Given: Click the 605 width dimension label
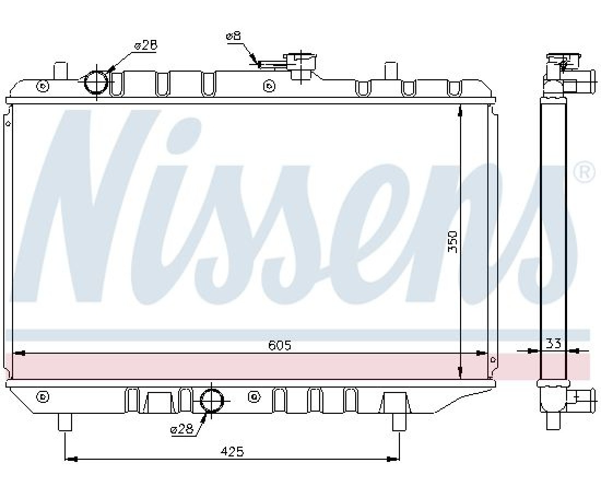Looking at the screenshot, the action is pos(279,345).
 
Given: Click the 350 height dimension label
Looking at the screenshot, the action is pos(453,241).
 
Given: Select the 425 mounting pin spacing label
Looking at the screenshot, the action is pos(232,452).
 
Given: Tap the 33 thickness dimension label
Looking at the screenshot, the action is pos(553,343).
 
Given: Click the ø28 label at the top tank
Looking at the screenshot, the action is pos(145,45).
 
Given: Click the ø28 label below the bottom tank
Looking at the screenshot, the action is pos(182,429).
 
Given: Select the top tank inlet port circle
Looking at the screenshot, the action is pos(96,81).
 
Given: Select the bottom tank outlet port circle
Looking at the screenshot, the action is pos(211,400).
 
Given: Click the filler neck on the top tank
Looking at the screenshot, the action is pos(301,66).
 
